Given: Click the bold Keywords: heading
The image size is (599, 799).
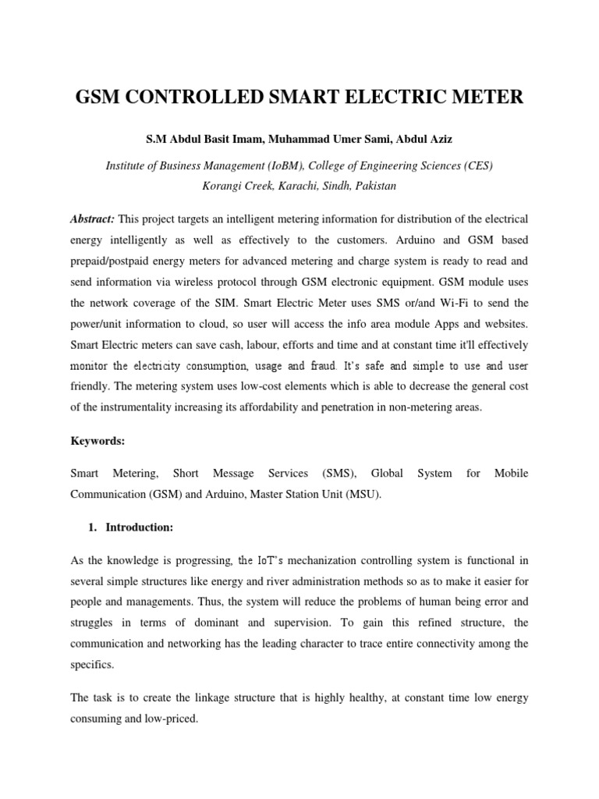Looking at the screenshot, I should [97, 441].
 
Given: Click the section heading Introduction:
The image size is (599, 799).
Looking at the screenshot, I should [140, 527].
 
